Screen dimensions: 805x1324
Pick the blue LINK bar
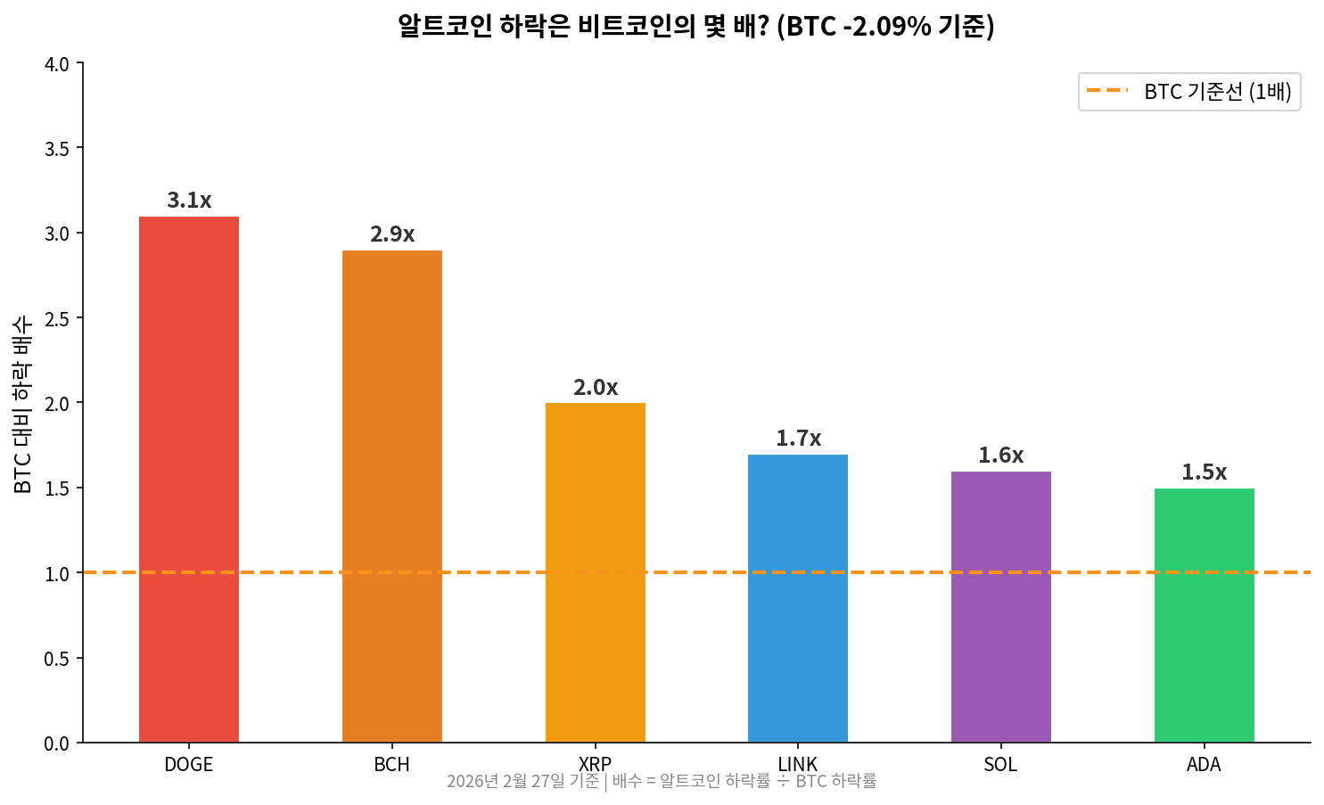coord(798,598)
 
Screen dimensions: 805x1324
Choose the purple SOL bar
coord(1000,607)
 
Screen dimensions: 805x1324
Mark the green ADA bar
coord(1204,615)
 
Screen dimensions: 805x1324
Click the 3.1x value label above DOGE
coord(189,201)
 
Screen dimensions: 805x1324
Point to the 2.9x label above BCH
coord(392,234)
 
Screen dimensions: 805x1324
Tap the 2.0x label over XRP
coord(595,388)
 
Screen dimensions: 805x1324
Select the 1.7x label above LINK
coord(798,439)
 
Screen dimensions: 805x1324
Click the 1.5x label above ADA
coord(1204,472)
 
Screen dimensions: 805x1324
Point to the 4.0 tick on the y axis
coord(57,64)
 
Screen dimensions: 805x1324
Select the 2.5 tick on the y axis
coord(57,318)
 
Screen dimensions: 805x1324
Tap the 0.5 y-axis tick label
coord(57,659)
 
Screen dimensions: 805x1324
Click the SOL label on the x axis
coord(1000,765)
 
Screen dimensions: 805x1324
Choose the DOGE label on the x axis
coord(189,765)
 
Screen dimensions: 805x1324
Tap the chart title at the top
coord(695,27)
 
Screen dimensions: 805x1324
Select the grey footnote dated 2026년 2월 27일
coord(662,782)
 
